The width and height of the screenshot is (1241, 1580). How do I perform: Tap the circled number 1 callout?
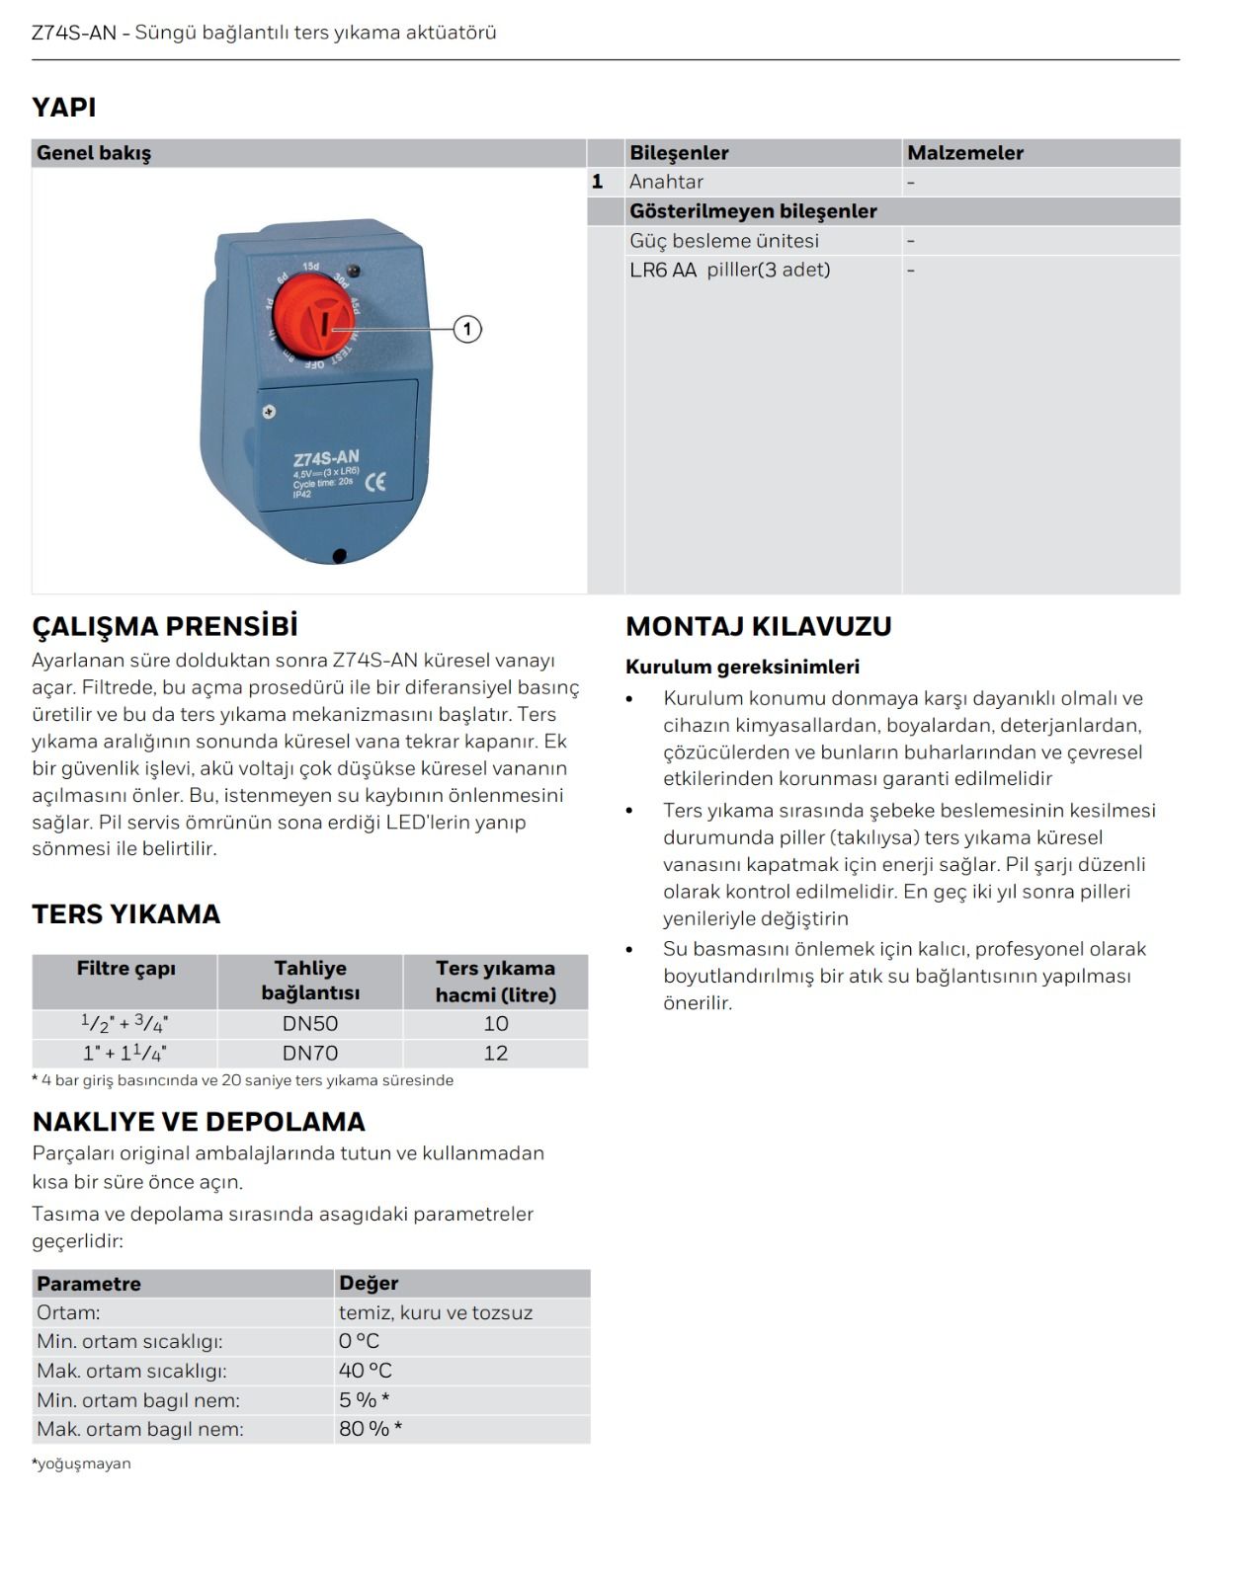467,329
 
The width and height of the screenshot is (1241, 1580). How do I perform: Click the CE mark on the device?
375,482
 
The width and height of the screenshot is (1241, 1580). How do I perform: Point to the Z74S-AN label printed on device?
326,458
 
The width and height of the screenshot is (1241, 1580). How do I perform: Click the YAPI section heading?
64,107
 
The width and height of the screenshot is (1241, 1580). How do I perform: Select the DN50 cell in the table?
310,1024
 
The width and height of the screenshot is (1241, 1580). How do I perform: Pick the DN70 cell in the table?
310,1053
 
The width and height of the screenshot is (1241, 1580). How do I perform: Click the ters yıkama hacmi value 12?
496,1053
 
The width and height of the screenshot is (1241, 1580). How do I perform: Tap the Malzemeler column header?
965,153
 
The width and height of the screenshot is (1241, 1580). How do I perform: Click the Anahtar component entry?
667,182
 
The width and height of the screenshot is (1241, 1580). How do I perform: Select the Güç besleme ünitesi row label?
724,241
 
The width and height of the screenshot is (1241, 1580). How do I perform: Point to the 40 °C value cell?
366,1371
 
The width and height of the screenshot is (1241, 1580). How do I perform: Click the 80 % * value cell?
371,1429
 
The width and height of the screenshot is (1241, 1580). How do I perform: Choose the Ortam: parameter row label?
69,1312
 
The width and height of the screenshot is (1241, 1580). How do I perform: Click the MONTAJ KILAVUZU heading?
759,626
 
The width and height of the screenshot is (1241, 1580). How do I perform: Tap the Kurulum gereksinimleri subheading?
743,667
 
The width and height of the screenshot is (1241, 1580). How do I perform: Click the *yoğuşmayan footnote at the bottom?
82,1463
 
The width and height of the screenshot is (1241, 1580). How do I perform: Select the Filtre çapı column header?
125,969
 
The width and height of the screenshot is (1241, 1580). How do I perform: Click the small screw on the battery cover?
269,412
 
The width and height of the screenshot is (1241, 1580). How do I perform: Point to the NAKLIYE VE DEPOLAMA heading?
199,1121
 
